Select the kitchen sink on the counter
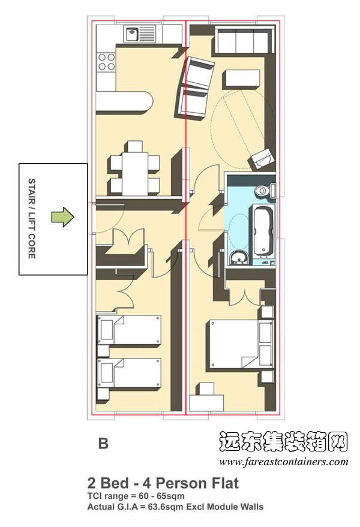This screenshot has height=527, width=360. [139, 33]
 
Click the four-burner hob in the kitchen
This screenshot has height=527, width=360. [106, 60]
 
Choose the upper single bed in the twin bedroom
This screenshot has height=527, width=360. [129, 329]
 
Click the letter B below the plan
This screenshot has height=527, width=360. [103, 444]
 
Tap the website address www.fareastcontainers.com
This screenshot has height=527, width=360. [283, 462]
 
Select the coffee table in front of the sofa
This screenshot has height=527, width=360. [243, 79]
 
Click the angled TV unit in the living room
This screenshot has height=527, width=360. [262, 158]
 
